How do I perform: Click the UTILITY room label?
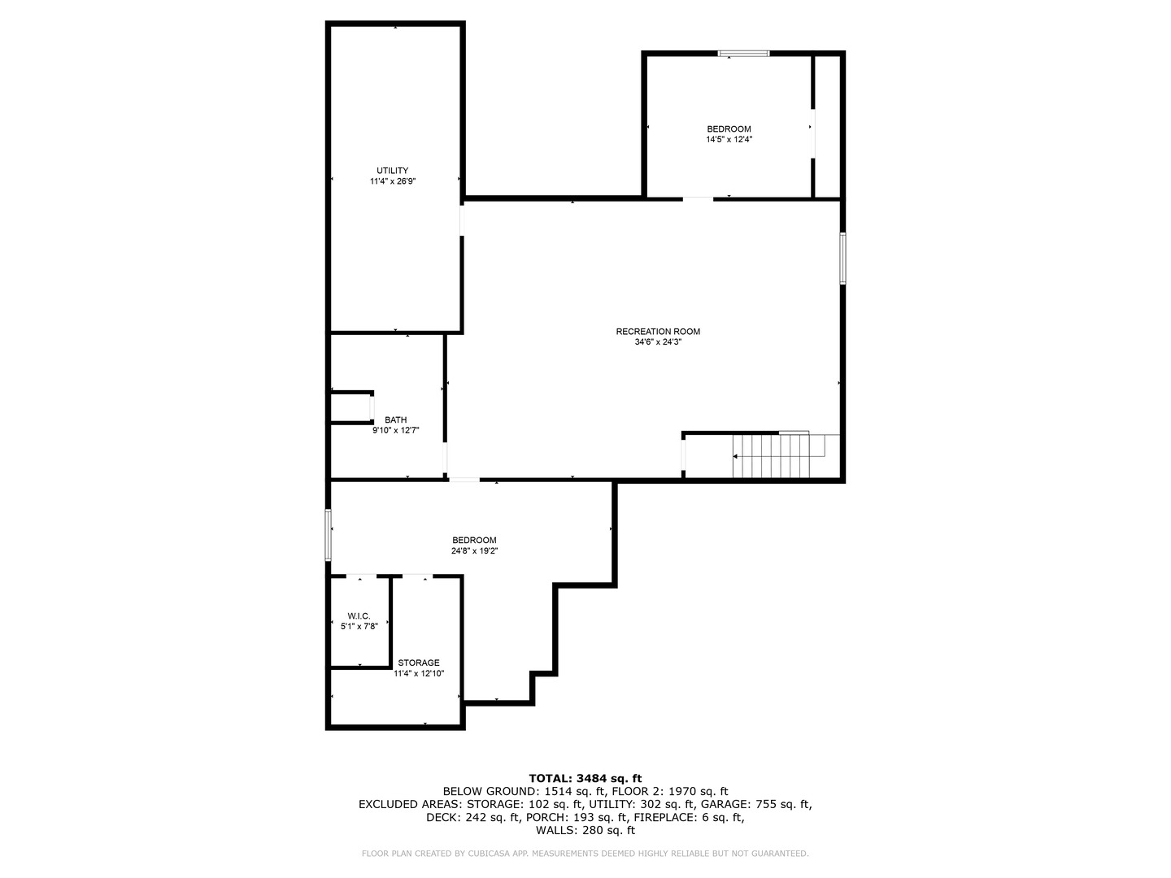(x=392, y=171)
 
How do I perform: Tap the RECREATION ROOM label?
(x=658, y=332)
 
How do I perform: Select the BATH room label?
(x=395, y=420)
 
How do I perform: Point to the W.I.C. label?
(x=359, y=616)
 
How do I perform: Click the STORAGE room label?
(x=419, y=663)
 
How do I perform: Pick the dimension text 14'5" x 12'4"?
(x=729, y=140)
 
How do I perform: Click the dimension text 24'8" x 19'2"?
(x=474, y=550)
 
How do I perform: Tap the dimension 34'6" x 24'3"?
(x=658, y=342)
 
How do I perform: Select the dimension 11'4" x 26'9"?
(x=393, y=181)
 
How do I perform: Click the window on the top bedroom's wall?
(x=743, y=54)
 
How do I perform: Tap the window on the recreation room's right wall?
(x=843, y=258)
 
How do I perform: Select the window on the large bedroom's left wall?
(x=328, y=535)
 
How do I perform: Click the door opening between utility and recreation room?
(x=462, y=220)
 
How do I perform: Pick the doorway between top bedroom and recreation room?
(x=698, y=199)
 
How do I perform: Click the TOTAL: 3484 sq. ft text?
(x=585, y=778)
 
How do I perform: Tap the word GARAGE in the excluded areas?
(x=724, y=804)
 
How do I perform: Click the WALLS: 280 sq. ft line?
(x=585, y=830)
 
